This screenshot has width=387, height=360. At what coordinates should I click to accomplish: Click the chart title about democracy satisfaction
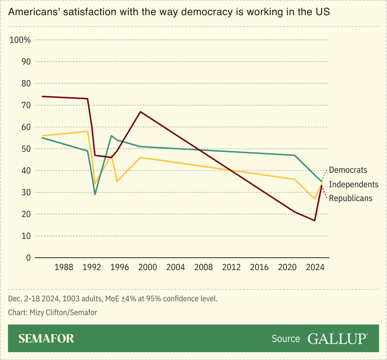[169, 13]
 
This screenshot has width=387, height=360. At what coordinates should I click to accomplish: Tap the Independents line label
[354, 184]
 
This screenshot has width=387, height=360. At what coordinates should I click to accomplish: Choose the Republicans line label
[351, 198]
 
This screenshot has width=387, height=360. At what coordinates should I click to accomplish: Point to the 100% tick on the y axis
[20, 40]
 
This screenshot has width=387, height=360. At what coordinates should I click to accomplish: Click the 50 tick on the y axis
[26, 149]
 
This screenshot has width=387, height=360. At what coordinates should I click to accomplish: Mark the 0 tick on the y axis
[28, 258]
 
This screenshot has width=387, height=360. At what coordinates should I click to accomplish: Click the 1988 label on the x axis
[64, 267]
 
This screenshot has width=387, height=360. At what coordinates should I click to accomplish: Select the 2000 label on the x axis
[148, 267]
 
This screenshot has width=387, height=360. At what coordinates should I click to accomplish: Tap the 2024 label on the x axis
[315, 267]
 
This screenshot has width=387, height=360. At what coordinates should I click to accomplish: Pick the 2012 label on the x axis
[231, 267]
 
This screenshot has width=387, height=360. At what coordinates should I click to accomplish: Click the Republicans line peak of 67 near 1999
[140, 112]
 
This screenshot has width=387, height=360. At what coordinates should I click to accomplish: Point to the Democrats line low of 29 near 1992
[95, 195]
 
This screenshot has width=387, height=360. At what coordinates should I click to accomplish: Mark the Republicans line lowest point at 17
[315, 221]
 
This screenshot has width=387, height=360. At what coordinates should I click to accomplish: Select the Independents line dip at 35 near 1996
[117, 181]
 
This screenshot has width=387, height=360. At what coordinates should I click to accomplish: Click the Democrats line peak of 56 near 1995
[111, 136]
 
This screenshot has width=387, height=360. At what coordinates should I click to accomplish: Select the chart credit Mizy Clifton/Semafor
[53, 313]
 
